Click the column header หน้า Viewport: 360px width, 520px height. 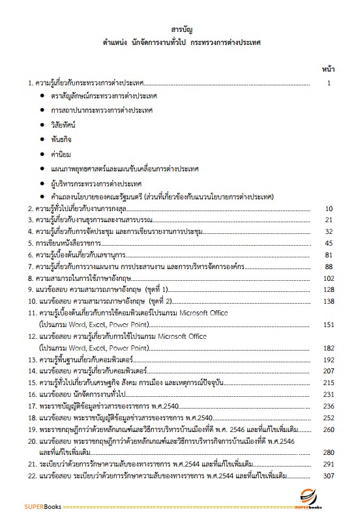tap(328, 68)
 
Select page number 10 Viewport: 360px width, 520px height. tap(329, 209)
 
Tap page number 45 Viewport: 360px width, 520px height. tap(329, 243)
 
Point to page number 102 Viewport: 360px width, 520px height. tap(329, 278)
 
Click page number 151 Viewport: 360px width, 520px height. tap(329, 324)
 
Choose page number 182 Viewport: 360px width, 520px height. tap(329, 348)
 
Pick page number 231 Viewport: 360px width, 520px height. tap(329, 394)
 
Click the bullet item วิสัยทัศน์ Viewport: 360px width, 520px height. tap(63, 123)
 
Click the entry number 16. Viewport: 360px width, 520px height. tap(31, 394)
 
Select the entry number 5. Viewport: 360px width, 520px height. tap(30, 243)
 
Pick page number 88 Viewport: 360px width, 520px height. tap(329, 267)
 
